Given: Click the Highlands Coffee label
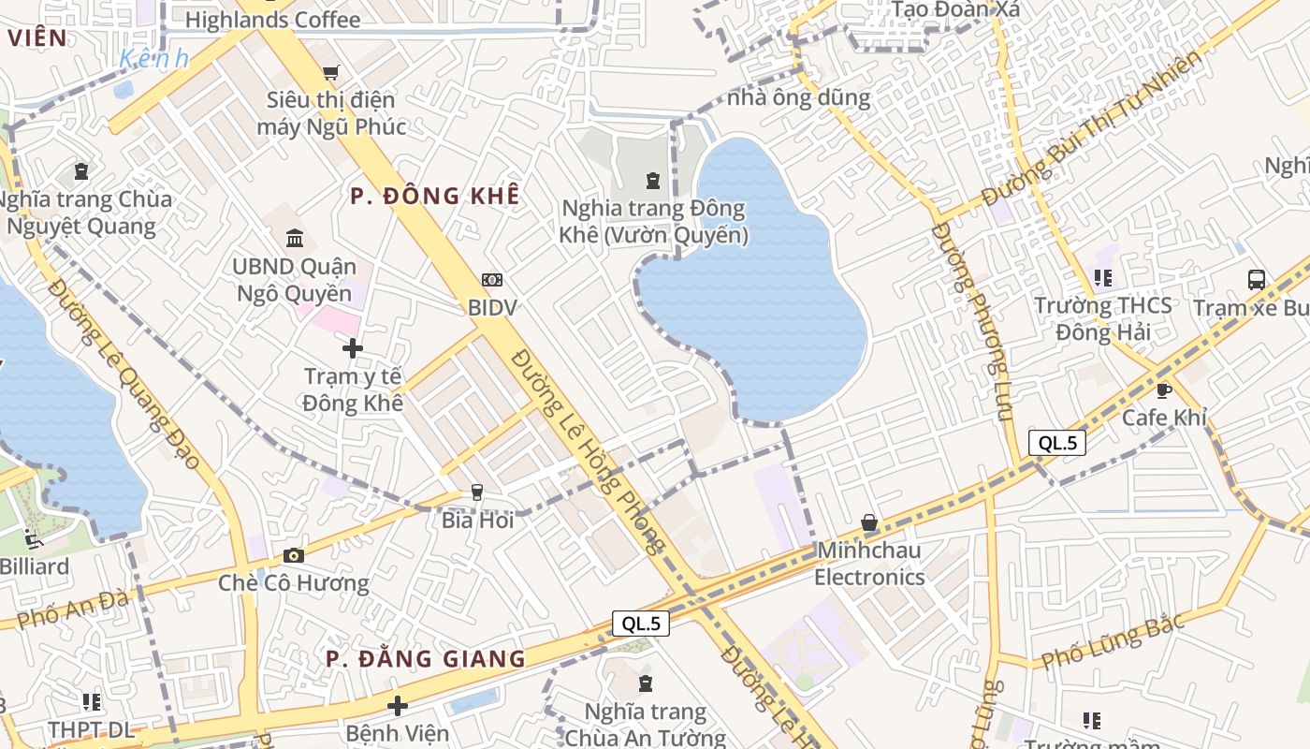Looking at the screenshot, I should [x=272, y=20].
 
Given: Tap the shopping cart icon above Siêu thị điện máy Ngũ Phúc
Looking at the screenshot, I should [x=330, y=72].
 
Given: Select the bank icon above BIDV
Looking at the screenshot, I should [x=492, y=279].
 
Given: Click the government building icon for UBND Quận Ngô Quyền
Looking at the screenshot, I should [x=295, y=238].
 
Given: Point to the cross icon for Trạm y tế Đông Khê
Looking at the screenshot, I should [x=353, y=348].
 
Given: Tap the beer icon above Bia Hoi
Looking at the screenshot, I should [x=477, y=492].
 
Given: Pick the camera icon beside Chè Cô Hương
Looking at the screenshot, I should [x=294, y=555].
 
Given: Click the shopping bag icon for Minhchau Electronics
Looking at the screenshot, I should [x=869, y=521].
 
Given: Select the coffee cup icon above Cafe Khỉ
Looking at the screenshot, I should [x=1163, y=389].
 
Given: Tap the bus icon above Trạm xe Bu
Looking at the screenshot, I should [x=1256, y=279].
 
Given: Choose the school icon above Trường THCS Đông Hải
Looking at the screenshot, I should [x=1102, y=277].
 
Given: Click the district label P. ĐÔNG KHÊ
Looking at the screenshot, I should [x=434, y=196].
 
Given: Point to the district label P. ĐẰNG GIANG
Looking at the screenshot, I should [x=426, y=658].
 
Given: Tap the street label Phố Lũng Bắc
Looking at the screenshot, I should [x=1113, y=639].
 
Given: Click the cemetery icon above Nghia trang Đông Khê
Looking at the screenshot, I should [x=652, y=180].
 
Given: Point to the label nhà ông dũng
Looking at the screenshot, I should [x=798, y=96].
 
